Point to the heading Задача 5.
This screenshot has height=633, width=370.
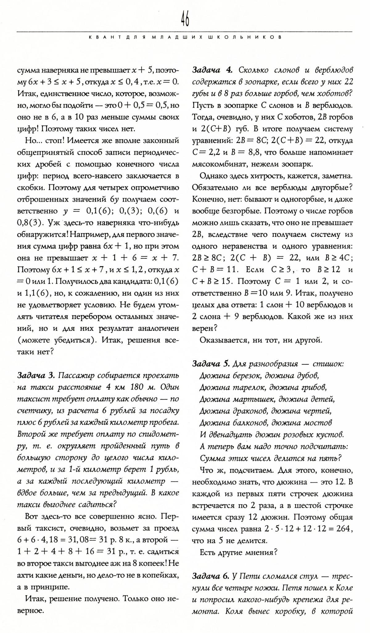(211, 364)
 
